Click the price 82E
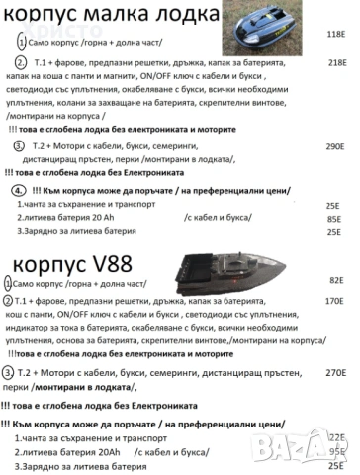[334, 279]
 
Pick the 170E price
[333, 298]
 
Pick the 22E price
[336, 436]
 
